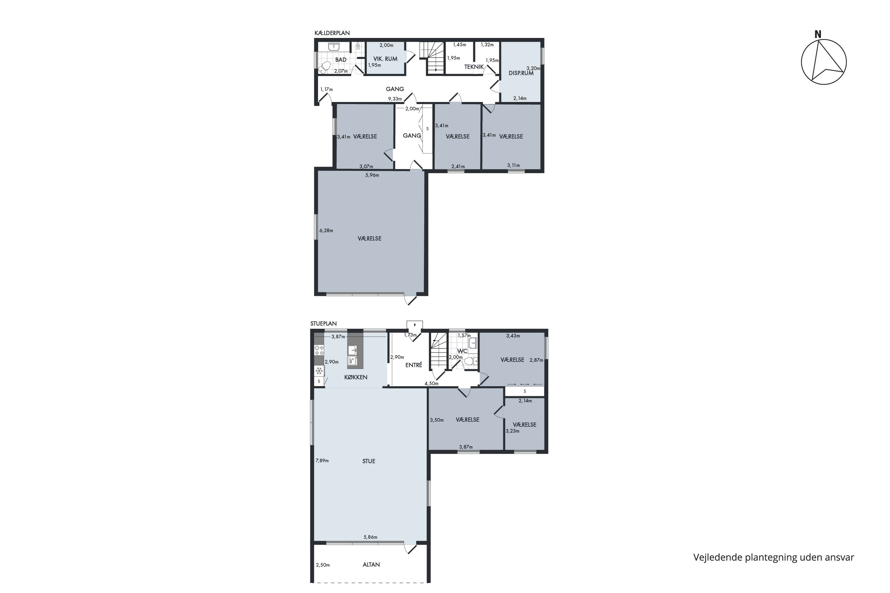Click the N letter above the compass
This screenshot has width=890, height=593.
click(x=818, y=34)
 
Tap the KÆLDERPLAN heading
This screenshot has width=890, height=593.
click(x=332, y=33)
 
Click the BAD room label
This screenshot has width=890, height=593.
click(x=341, y=60)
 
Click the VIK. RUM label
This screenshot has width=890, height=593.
click(x=385, y=59)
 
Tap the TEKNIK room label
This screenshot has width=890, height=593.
click(x=474, y=67)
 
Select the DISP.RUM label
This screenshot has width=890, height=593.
click(x=521, y=73)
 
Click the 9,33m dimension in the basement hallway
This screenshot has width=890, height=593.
click(x=395, y=99)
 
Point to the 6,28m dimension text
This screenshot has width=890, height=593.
click(x=326, y=231)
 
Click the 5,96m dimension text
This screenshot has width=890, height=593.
click(x=372, y=175)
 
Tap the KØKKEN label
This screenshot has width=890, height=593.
click(x=356, y=377)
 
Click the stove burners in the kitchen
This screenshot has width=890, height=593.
click(x=319, y=350)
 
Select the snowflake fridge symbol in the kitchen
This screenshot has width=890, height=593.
click(x=319, y=371)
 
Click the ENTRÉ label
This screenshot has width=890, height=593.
click(x=413, y=365)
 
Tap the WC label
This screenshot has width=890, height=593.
click(x=463, y=351)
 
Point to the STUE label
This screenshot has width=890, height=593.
click(x=368, y=461)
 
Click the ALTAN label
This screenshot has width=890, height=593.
click(x=371, y=565)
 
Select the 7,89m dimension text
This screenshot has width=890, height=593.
click(x=322, y=461)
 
